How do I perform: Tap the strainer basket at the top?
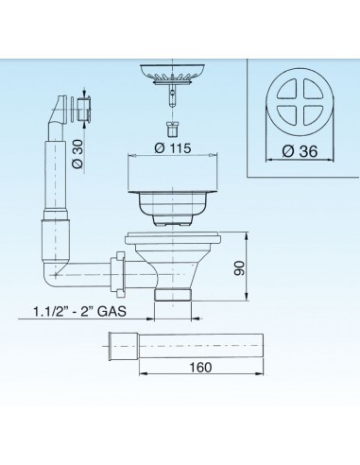[171, 74]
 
